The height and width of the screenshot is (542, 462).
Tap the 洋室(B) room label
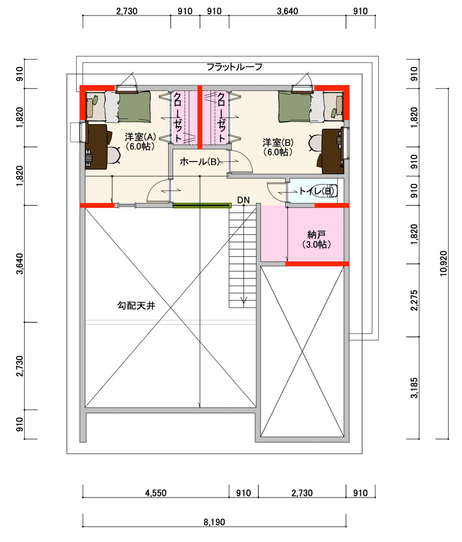(x=278, y=143)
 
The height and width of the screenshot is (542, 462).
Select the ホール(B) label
(x=200, y=162)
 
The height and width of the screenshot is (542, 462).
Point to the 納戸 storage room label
(x=316, y=235)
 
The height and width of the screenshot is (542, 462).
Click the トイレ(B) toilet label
(x=317, y=191)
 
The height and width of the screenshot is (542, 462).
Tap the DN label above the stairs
(x=244, y=200)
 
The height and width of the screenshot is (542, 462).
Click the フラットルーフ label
(x=234, y=67)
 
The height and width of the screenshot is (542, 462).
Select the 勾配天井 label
(x=136, y=305)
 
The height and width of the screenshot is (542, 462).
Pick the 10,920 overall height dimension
(x=444, y=263)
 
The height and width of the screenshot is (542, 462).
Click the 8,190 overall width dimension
(x=214, y=522)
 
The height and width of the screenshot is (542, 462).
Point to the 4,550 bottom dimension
(x=155, y=493)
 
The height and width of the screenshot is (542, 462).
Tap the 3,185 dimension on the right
(x=414, y=388)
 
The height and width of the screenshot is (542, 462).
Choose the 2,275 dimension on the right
(x=414, y=300)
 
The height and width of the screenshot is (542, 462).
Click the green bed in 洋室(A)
(x=135, y=106)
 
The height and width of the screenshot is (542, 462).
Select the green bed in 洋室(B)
(x=295, y=106)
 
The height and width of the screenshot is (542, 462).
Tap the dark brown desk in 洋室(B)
(x=333, y=151)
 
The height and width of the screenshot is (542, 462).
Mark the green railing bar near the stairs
(x=202, y=205)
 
